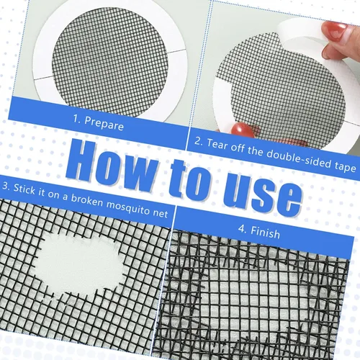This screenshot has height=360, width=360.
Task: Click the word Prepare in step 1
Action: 104,123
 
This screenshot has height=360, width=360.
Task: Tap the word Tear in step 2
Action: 217,144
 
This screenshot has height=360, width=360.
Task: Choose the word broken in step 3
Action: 87,201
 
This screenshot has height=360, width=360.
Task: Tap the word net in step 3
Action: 161,213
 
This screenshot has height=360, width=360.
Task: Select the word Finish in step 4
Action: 265,232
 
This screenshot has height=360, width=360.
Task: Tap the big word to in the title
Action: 190,178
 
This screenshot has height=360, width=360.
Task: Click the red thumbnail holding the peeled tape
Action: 333,30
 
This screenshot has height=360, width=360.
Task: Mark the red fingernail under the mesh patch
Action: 243,130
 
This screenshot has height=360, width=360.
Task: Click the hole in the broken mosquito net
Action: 79,265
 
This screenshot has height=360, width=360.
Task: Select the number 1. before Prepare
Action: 77,119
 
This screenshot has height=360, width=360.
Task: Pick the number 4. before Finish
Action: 243,229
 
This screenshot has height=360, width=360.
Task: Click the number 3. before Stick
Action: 6,186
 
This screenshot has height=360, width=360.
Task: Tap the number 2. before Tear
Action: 199,141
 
